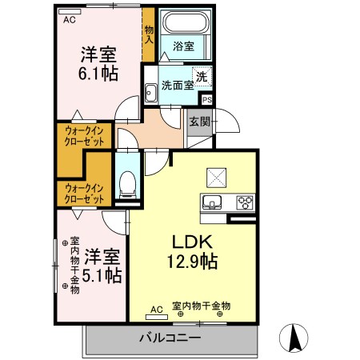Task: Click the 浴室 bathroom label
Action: (183, 46)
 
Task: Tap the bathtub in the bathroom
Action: (183, 24)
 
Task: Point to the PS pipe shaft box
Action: (207, 100)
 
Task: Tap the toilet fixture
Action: (126, 185)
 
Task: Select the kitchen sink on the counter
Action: (214, 202)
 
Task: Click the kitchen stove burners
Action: (243, 202)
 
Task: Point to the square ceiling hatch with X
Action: (218, 175)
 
